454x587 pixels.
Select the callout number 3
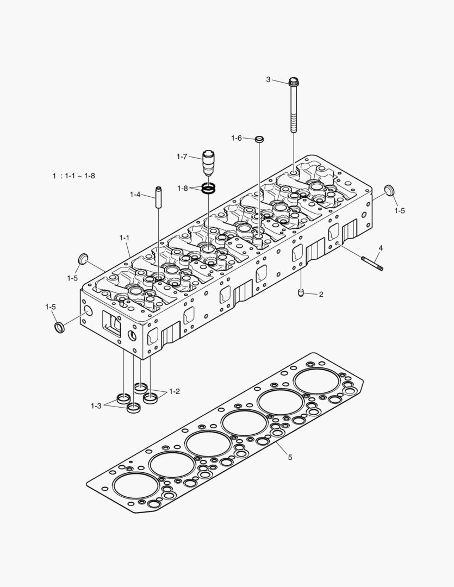[268, 80]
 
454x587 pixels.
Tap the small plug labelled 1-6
[260, 140]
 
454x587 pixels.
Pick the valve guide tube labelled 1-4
[159, 197]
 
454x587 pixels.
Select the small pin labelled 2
[301, 294]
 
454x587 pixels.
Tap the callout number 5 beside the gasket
[290, 457]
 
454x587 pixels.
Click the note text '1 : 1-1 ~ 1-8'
[74, 176]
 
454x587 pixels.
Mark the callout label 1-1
[124, 238]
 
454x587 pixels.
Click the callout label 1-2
[174, 391]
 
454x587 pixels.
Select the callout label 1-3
[96, 405]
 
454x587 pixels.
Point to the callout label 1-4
[135, 194]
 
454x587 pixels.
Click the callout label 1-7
[182, 157]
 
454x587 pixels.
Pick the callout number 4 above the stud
[381, 248]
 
